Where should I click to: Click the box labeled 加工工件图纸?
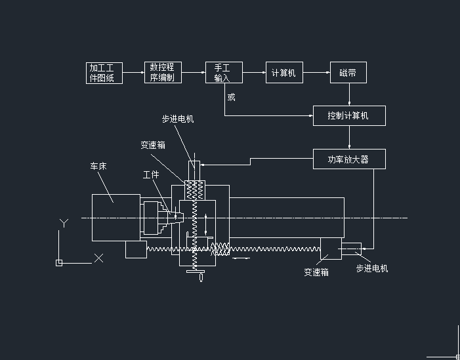[102, 73]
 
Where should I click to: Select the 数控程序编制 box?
[162, 73]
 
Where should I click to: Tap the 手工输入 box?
[224, 73]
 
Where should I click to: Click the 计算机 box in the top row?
[283, 73]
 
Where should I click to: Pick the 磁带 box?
[348, 73]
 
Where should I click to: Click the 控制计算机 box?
[348, 115]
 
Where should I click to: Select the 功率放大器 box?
[348, 159]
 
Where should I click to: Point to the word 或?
[231, 98]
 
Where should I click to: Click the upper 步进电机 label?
[178, 119]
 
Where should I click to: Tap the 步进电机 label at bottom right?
[372, 268]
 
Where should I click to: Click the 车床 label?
[98, 167]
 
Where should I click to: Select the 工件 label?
[151, 174]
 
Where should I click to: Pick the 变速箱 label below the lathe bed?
[316, 271]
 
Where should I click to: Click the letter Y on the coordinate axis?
[64, 223]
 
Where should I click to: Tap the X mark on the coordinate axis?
[98, 258]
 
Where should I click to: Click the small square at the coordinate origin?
[59, 263]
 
